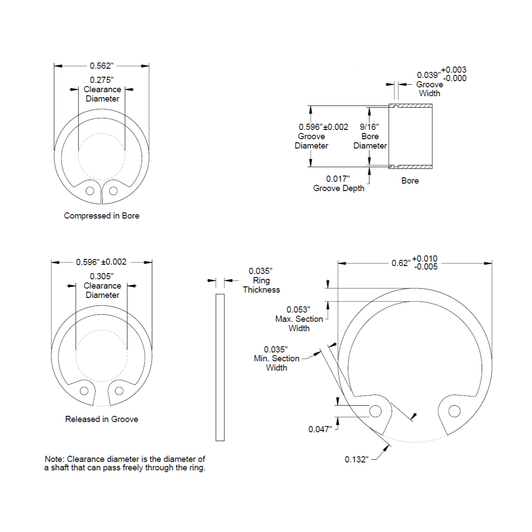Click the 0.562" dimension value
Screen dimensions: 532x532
(x=102, y=66)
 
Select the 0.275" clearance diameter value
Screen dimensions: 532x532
(x=102, y=80)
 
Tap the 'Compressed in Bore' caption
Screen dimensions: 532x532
(x=102, y=216)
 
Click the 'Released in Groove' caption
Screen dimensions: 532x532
(x=102, y=419)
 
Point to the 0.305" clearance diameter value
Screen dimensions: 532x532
(x=102, y=276)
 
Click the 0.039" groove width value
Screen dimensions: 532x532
(x=428, y=75)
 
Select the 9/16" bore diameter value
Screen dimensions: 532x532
(x=369, y=127)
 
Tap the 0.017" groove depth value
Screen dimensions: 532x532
(x=338, y=179)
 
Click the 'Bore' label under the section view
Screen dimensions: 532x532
(x=410, y=180)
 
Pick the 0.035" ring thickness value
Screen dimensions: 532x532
(x=260, y=271)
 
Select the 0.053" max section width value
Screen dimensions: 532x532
(x=298, y=309)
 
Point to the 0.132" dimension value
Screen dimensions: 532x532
(x=356, y=459)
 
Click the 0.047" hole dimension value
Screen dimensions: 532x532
(x=320, y=429)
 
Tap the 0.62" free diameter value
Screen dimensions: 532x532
(x=401, y=263)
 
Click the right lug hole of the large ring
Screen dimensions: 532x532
(x=454, y=411)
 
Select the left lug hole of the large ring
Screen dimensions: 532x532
(x=375, y=411)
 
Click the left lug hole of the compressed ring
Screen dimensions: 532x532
(x=90, y=191)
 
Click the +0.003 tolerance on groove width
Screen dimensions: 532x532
(x=454, y=70)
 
